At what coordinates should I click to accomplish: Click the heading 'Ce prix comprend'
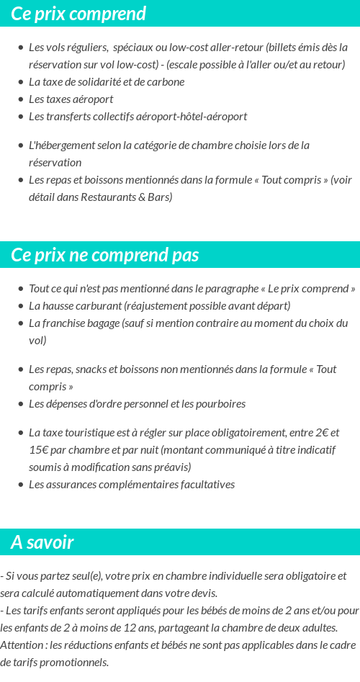pos(78,14)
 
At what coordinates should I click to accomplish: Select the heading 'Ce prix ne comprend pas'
pos(105,256)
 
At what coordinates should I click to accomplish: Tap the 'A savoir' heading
pos(42,542)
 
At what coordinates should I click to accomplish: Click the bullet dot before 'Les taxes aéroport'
pos(20,99)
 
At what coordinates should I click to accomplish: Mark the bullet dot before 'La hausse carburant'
pos(20,306)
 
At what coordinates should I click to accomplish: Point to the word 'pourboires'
pos(220,404)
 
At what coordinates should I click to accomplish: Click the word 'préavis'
pos(174,467)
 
